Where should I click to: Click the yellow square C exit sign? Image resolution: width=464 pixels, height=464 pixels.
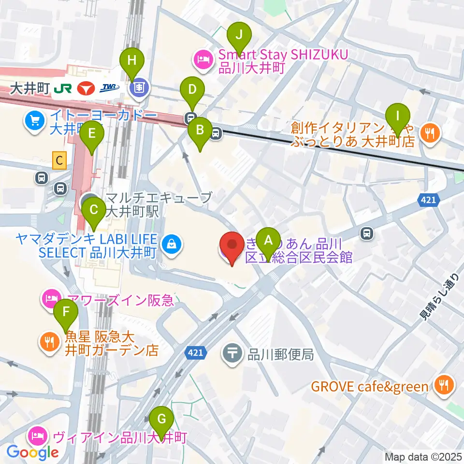59,160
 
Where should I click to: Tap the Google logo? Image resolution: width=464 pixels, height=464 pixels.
33,452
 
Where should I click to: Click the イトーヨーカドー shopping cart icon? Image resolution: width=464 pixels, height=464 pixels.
34,119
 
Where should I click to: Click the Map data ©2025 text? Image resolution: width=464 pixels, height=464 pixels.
423,457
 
